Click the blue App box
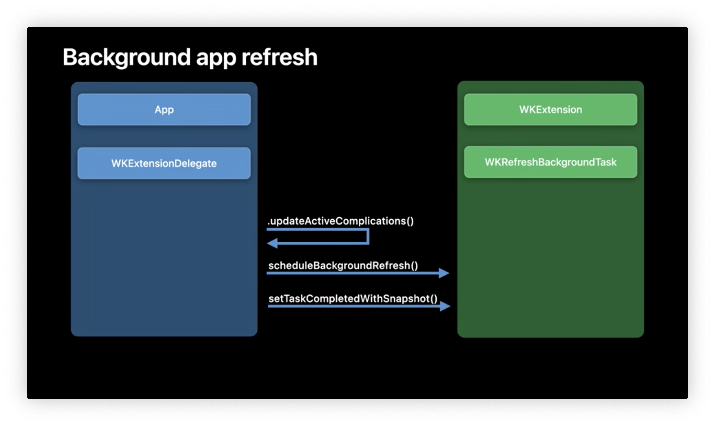click(x=164, y=109)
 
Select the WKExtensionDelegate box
click(x=164, y=163)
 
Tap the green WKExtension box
click(x=550, y=109)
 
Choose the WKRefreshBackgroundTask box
click(x=550, y=162)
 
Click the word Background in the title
click(x=127, y=57)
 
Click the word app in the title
click(x=216, y=59)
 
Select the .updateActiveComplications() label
click(x=341, y=221)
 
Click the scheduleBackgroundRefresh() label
click(x=343, y=265)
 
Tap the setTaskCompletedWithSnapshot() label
click(x=353, y=298)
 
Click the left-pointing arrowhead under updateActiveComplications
click(x=272, y=243)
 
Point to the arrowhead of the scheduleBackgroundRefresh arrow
click(x=444, y=273)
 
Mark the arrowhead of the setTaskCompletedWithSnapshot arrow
click(x=445, y=306)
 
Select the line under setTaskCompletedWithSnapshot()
click(x=354, y=306)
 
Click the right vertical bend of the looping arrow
click(x=368, y=236)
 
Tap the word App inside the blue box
click(x=164, y=110)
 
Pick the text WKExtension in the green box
click(x=550, y=109)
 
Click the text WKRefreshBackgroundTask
click(x=550, y=162)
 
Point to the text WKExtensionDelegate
click(x=164, y=163)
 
